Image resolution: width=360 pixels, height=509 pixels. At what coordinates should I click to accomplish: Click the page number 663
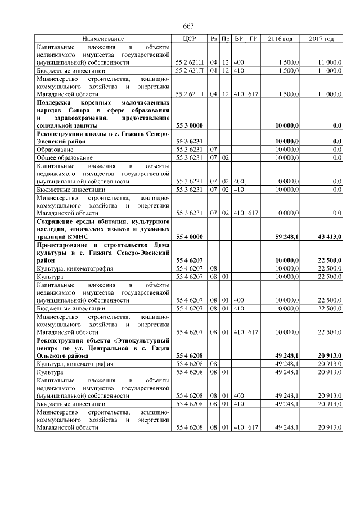(x=188, y=26)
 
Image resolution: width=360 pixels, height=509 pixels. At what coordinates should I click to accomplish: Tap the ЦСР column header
(x=190, y=39)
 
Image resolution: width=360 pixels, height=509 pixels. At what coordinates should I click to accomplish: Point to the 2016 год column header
(x=280, y=39)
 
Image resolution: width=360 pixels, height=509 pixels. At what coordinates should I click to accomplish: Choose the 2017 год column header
(x=321, y=39)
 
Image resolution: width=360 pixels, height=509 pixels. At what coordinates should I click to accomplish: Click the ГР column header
(x=253, y=39)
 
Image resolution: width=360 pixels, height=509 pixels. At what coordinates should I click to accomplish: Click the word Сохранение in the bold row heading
(x=56, y=222)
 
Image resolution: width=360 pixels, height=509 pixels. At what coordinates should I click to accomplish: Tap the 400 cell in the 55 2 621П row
(x=238, y=62)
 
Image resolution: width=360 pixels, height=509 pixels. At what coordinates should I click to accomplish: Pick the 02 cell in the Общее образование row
(x=225, y=158)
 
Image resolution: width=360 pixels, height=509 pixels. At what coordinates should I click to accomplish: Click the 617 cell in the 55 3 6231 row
(x=253, y=214)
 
